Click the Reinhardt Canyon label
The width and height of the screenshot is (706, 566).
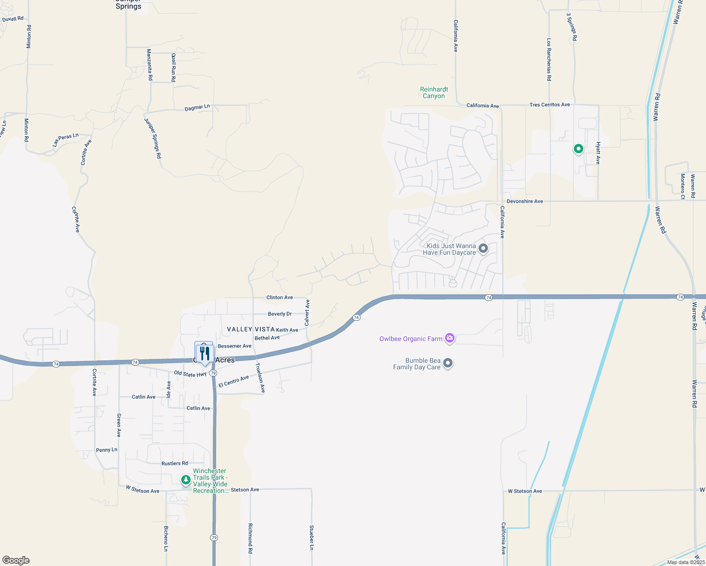(434, 92)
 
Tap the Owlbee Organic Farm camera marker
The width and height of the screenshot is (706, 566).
(450, 338)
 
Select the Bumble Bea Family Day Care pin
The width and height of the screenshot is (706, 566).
(448, 363)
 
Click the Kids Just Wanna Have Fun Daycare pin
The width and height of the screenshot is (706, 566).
(483, 248)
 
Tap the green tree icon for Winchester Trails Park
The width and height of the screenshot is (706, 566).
(186, 480)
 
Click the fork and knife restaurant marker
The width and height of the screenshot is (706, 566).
(204, 353)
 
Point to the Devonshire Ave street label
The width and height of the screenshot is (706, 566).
(525, 201)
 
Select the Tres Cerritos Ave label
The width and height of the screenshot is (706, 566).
(549, 105)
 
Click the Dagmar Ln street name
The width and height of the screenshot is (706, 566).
(197, 108)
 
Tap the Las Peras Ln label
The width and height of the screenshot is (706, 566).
(66, 139)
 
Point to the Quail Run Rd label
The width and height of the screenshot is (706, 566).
(174, 68)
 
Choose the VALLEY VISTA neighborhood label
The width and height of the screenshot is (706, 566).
(251, 329)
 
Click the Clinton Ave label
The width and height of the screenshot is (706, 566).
(279, 298)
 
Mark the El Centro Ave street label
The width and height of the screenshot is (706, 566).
(234, 382)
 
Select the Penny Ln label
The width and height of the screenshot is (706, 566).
(107, 450)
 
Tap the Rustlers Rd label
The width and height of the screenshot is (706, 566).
(175, 464)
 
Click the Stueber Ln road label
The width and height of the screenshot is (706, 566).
(311, 537)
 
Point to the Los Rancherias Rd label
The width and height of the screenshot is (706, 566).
(549, 60)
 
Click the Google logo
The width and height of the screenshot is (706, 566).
(16, 560)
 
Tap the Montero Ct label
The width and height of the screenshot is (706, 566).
(682, 186)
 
